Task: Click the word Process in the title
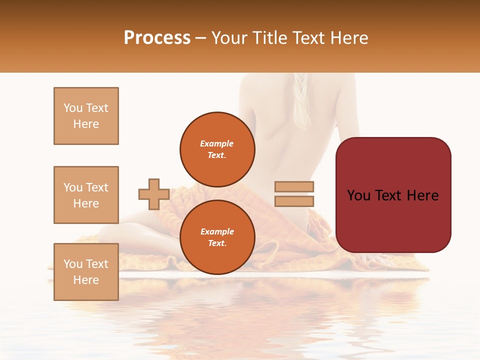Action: point(157,38)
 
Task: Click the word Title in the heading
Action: point(271,38)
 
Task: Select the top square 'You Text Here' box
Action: point(86,116)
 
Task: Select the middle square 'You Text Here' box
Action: point(86,195)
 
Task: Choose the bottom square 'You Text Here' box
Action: point(86,271)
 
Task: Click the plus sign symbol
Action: point(153,194)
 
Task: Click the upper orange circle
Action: point(217,149)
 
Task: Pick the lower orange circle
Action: point(217,237)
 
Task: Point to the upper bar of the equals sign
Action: point(294,186)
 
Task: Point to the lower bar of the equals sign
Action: point(294,201)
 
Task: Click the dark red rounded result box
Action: point(393,195)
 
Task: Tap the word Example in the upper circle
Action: point(217,143)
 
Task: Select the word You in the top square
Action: point(72,108)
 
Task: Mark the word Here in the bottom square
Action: point(86,280)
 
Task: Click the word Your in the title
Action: point(230,38)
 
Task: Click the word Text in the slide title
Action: point(310,38)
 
